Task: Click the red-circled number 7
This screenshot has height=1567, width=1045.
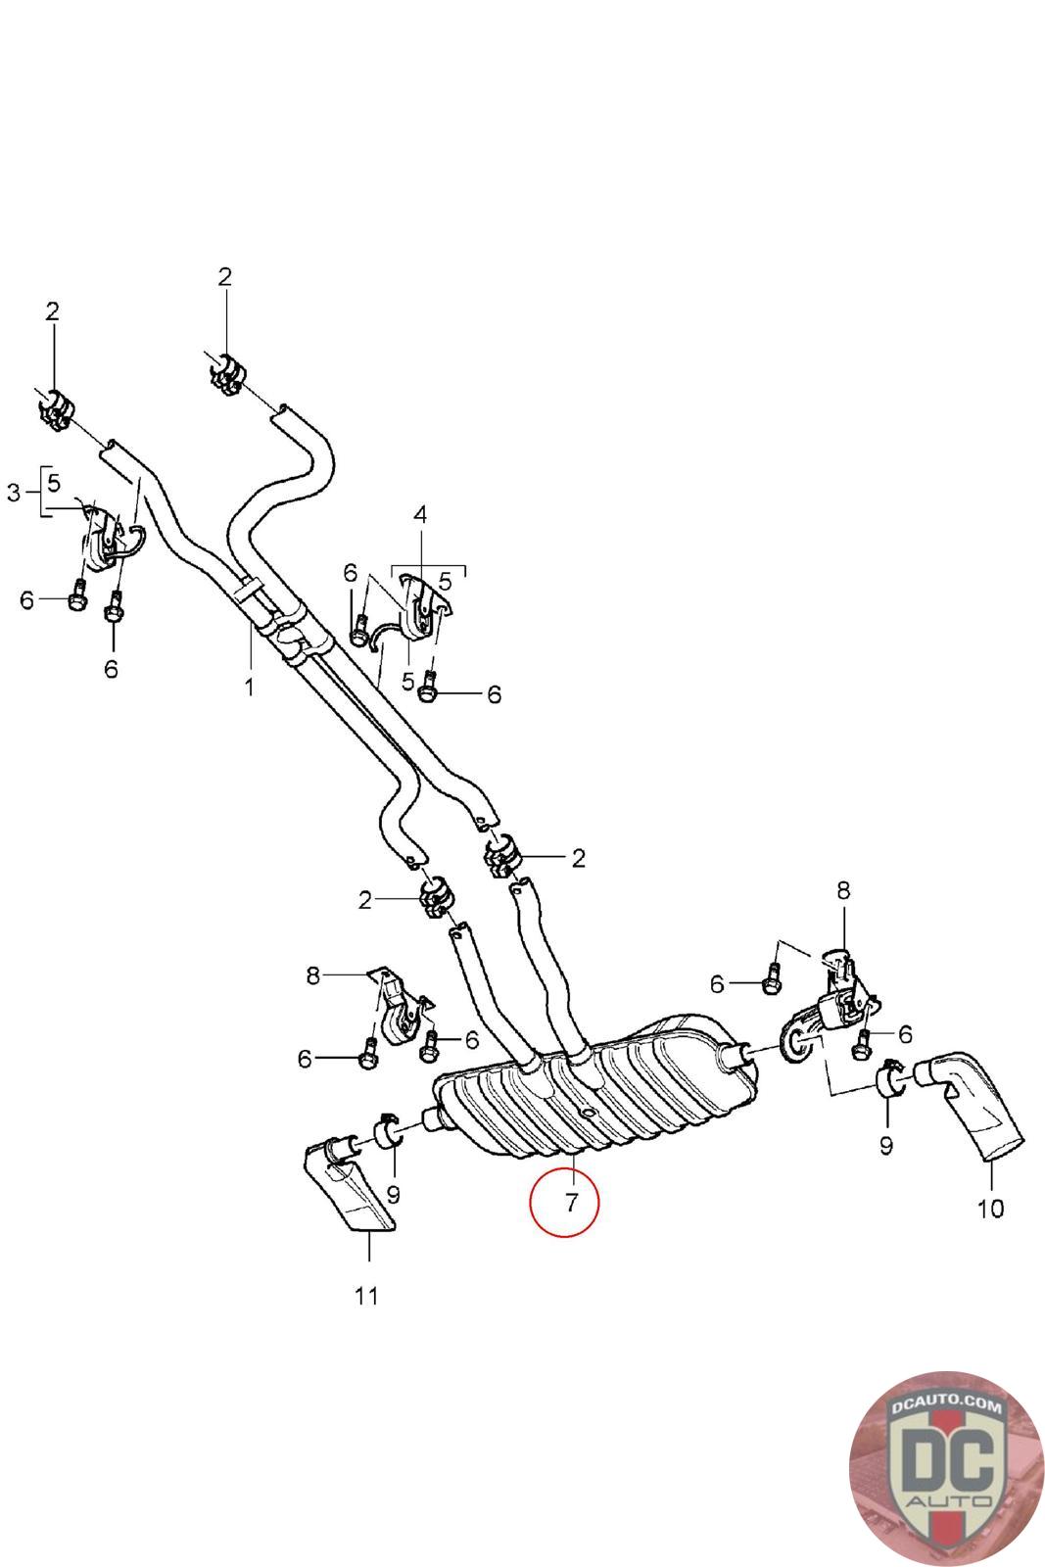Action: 571,1203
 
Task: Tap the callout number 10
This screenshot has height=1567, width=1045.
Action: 990,1209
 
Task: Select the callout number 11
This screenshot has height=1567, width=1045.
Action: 366,1296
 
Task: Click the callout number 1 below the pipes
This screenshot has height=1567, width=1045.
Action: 249,687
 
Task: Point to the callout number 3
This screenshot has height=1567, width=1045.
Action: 14,493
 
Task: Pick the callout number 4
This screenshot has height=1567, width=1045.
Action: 420,515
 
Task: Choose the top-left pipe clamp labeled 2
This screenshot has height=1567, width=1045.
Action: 56,410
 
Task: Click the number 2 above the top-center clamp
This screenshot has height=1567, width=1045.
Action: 224,277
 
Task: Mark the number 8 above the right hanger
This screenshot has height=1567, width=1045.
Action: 843,890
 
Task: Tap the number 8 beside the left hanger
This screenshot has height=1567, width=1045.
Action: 312,975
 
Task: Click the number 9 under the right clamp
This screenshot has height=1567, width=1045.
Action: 886,1145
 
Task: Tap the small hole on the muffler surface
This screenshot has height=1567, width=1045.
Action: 588,1112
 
